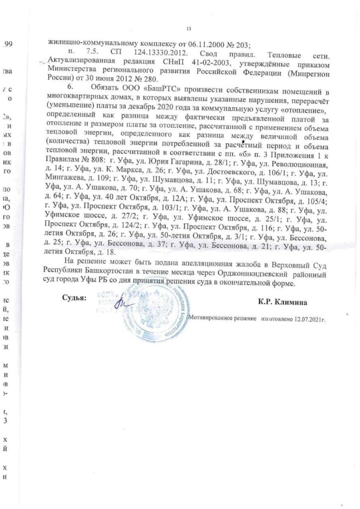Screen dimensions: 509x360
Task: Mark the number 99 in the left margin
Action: tap(8, 45)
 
